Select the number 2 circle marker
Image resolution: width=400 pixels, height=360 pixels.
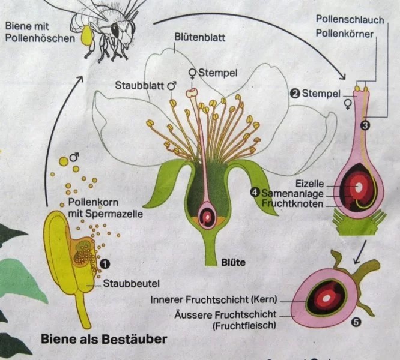coord(295,93)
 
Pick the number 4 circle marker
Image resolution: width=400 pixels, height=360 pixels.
coord(255,192)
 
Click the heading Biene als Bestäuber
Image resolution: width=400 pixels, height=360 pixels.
coord(103,339)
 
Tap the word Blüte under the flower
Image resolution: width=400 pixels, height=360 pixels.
coord(234,263)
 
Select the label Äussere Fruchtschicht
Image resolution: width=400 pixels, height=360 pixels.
coord(225,314)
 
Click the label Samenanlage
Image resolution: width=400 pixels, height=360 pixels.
coord(293,193)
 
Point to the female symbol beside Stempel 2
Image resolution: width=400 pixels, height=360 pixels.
coord(347,105)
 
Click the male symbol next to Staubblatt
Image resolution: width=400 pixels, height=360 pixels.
coord(172,86)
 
